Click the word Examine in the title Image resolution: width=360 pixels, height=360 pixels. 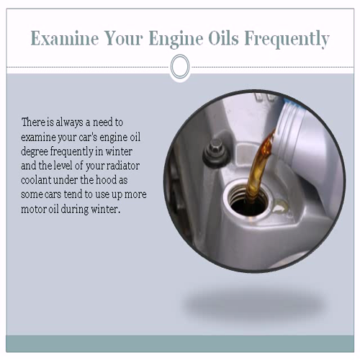click(x=65, y=38)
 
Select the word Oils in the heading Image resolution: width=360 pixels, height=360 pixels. click(x=223, y=38)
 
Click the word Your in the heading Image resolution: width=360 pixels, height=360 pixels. click(x=124, y=38)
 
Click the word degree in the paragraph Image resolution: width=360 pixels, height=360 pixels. click(x=34, y=152)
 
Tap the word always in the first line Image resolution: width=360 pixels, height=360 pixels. click(x=69, y=123)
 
